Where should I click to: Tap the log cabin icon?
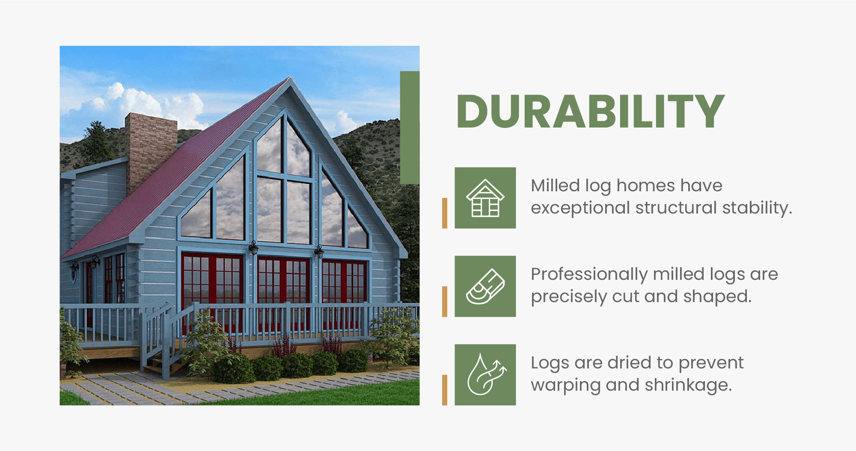485,198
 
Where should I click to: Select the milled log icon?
485,286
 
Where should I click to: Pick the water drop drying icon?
485,375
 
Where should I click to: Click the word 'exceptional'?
580,208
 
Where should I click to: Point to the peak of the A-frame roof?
290,80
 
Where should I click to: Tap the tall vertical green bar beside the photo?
410,128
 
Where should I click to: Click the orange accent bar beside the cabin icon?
445,213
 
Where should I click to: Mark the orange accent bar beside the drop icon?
445,390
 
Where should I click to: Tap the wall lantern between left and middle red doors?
253,247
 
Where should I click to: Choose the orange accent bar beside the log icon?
445,301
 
